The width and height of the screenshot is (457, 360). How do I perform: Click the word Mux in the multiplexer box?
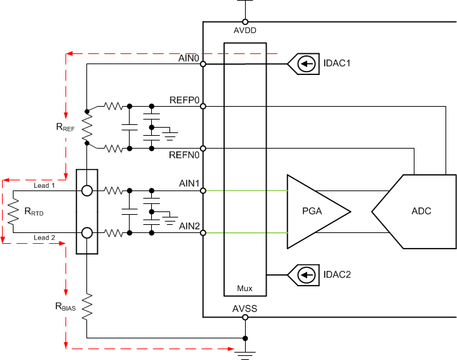[244, 288]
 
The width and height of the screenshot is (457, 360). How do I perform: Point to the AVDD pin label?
[244, 30]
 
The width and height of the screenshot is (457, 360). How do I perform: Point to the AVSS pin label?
[245, 309]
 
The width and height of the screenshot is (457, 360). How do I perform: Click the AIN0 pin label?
[188, 59]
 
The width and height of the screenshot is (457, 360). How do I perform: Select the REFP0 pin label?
[184, 100]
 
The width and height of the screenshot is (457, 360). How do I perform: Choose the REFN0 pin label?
[184, 155]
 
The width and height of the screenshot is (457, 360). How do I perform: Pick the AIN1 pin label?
[188, 184]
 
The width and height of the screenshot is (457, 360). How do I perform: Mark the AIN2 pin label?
[188, 226]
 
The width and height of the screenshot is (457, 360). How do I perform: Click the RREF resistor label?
[65, 127]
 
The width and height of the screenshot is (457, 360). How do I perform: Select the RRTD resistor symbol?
[12, 212]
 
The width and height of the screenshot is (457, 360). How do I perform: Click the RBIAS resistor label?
[67, 306]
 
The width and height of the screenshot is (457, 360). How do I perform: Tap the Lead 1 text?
[45, 185]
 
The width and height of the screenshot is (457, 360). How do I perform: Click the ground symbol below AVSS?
[244, 353]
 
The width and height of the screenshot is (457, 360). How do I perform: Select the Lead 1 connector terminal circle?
[87, 190]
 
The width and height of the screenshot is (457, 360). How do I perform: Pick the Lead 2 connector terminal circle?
[87, 233]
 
